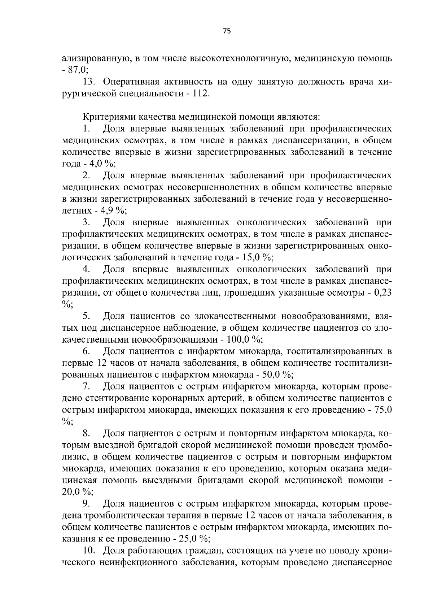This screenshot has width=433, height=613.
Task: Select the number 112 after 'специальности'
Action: (x=201, y=94)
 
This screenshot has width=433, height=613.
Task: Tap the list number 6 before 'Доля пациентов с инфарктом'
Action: (x=86, y=351)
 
